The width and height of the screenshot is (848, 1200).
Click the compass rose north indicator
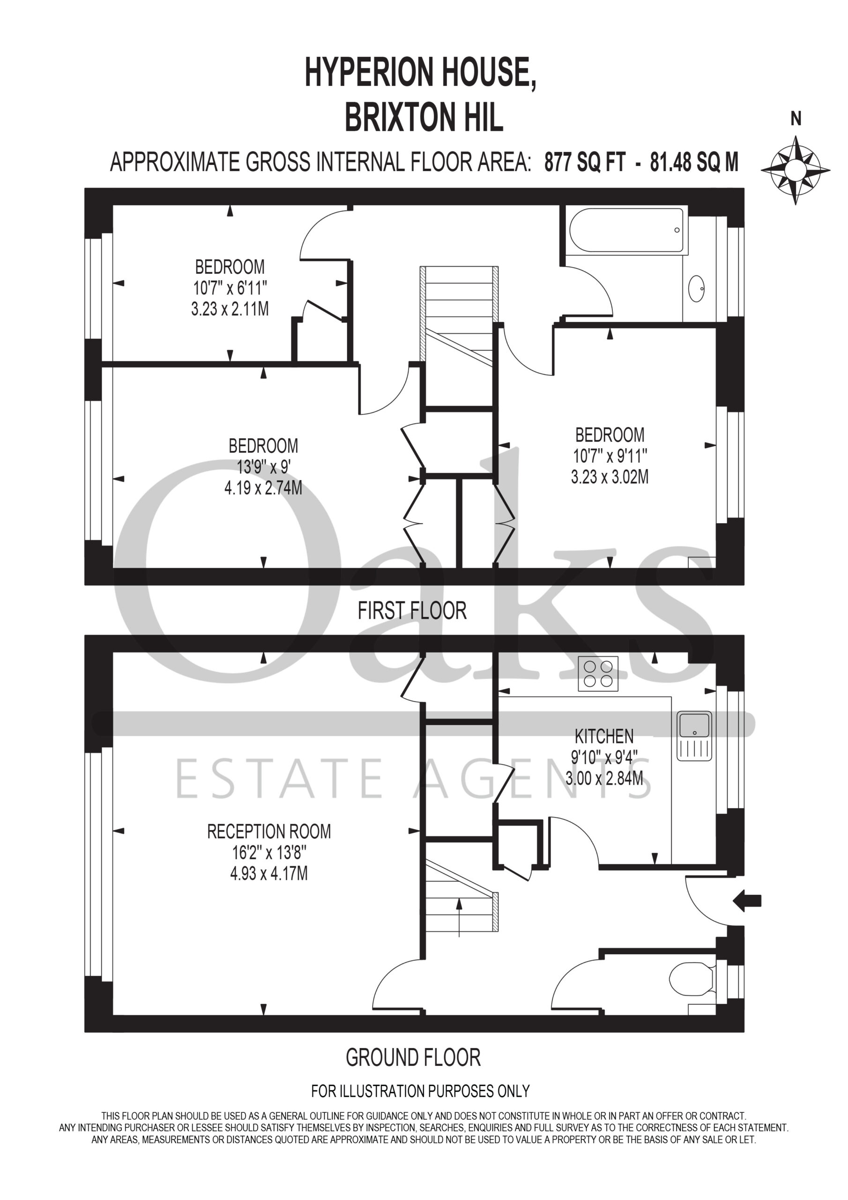point(795,170)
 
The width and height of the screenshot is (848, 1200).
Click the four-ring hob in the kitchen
point(598,674)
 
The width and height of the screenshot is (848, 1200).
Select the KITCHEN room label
point(604,736)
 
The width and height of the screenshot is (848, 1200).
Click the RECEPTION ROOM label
point(269,831)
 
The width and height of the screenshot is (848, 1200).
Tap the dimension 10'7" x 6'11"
point(230,288)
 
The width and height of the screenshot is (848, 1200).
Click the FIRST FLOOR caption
point(412,610)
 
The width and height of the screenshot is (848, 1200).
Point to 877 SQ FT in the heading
point(585,163)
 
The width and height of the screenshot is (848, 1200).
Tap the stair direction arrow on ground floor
point(459,918)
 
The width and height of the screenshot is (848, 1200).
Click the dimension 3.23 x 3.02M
point(610,477)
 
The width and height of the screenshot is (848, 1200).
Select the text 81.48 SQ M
point(694,163)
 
